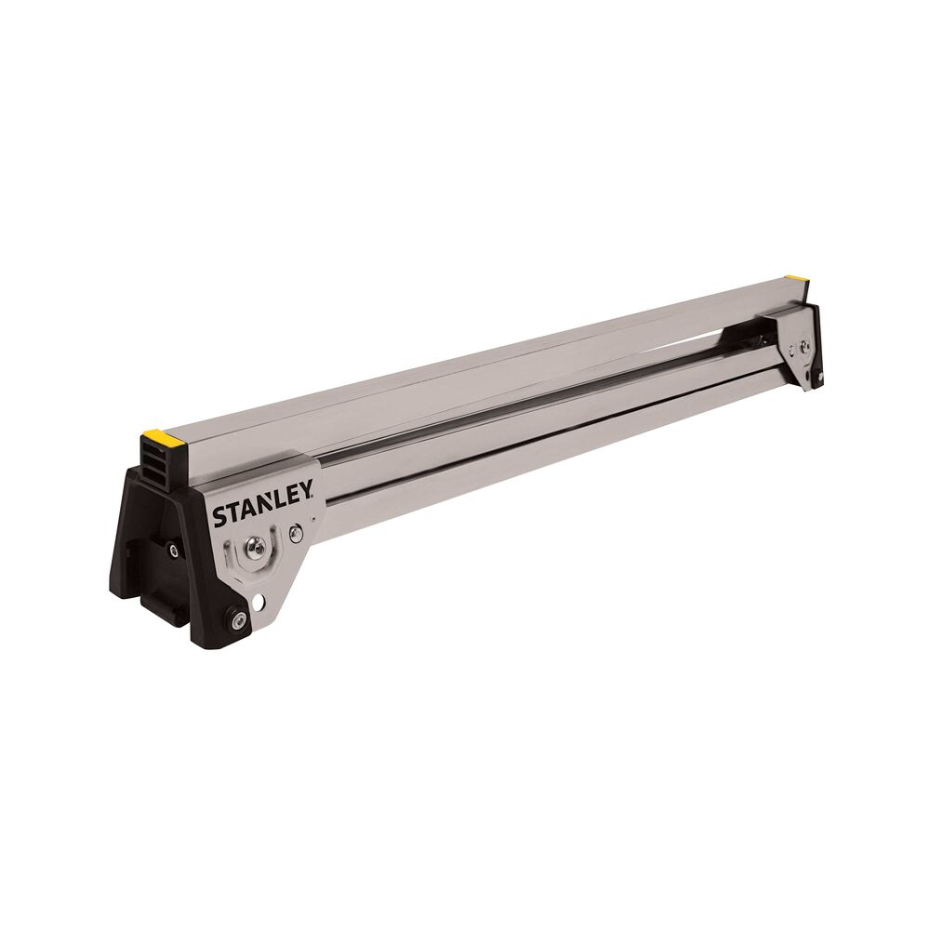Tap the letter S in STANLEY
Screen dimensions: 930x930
(x=219, y=517)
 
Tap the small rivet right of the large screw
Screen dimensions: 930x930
(x=295, y=533)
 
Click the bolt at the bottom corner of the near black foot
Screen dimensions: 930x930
(x=238, y=618)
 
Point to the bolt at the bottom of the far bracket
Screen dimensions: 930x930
(x=819, y=377)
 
